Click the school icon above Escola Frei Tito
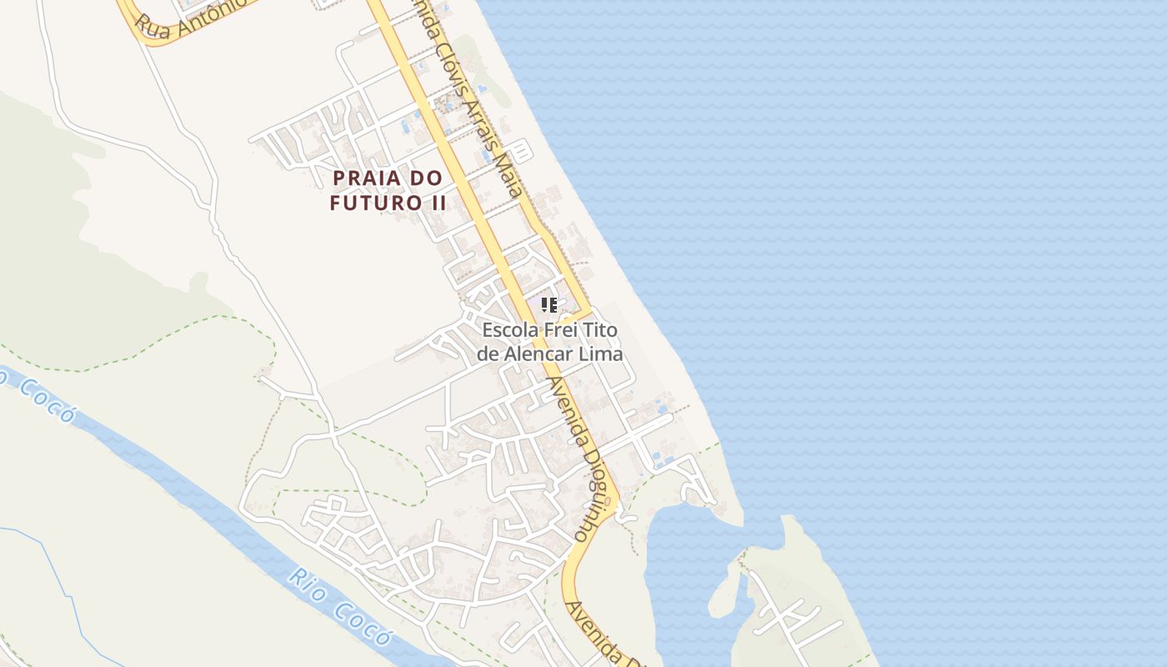[x=548, y=305]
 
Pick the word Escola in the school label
[x=509, y=330]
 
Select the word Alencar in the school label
[x=544, y=354]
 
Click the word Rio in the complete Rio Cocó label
[x=306, y=581]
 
